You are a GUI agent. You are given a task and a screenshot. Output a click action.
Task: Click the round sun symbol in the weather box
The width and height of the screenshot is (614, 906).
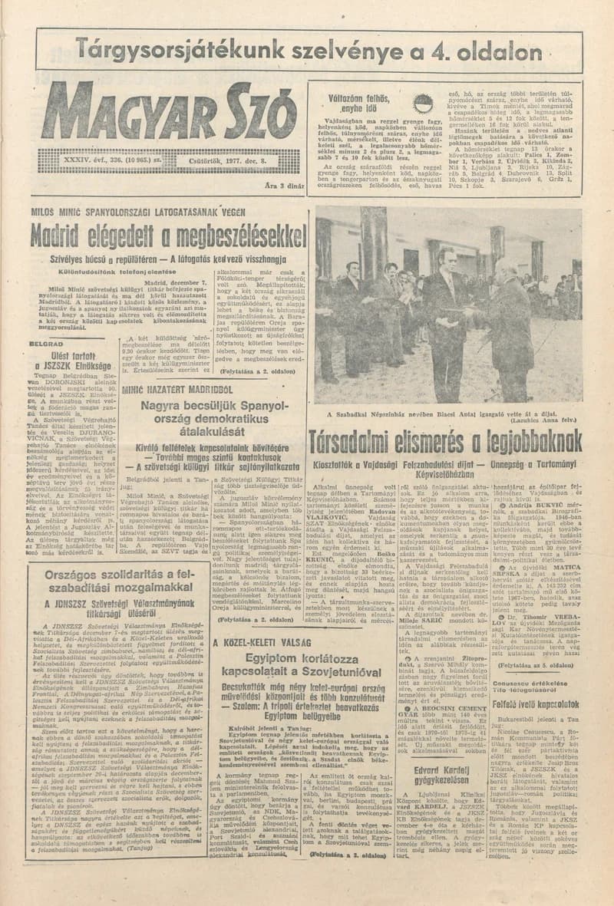click(422, 104)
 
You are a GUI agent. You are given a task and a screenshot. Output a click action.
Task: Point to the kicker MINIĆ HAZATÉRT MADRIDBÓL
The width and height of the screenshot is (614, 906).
click(180, 389)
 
